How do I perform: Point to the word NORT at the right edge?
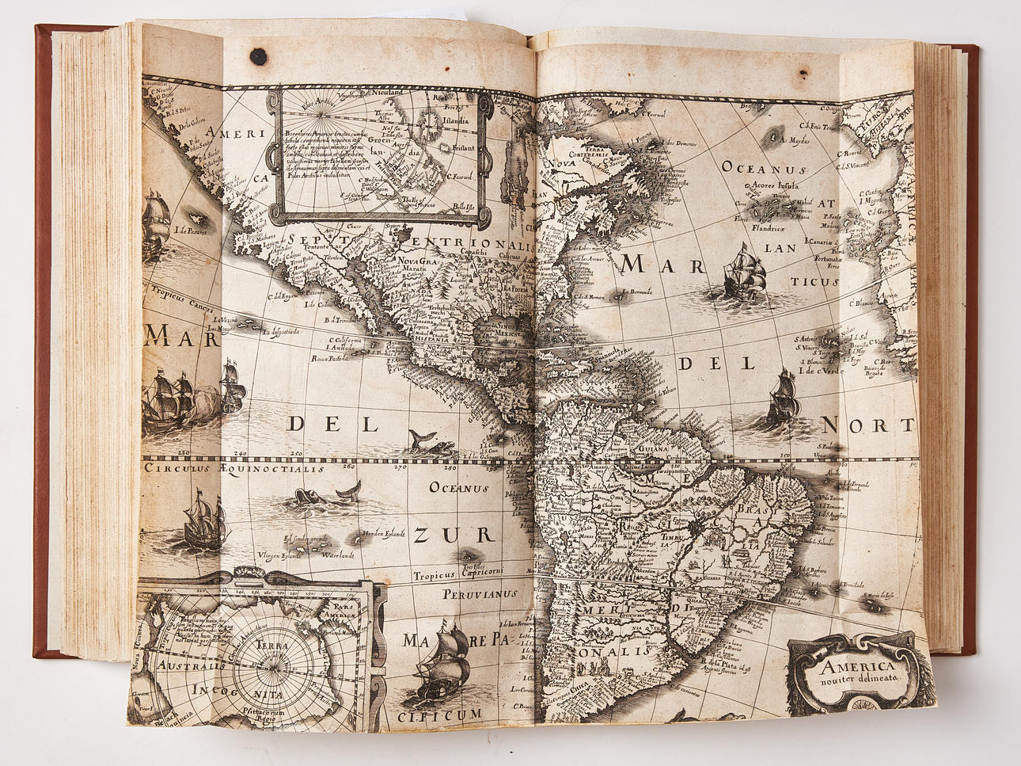click(x=868, y=424)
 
